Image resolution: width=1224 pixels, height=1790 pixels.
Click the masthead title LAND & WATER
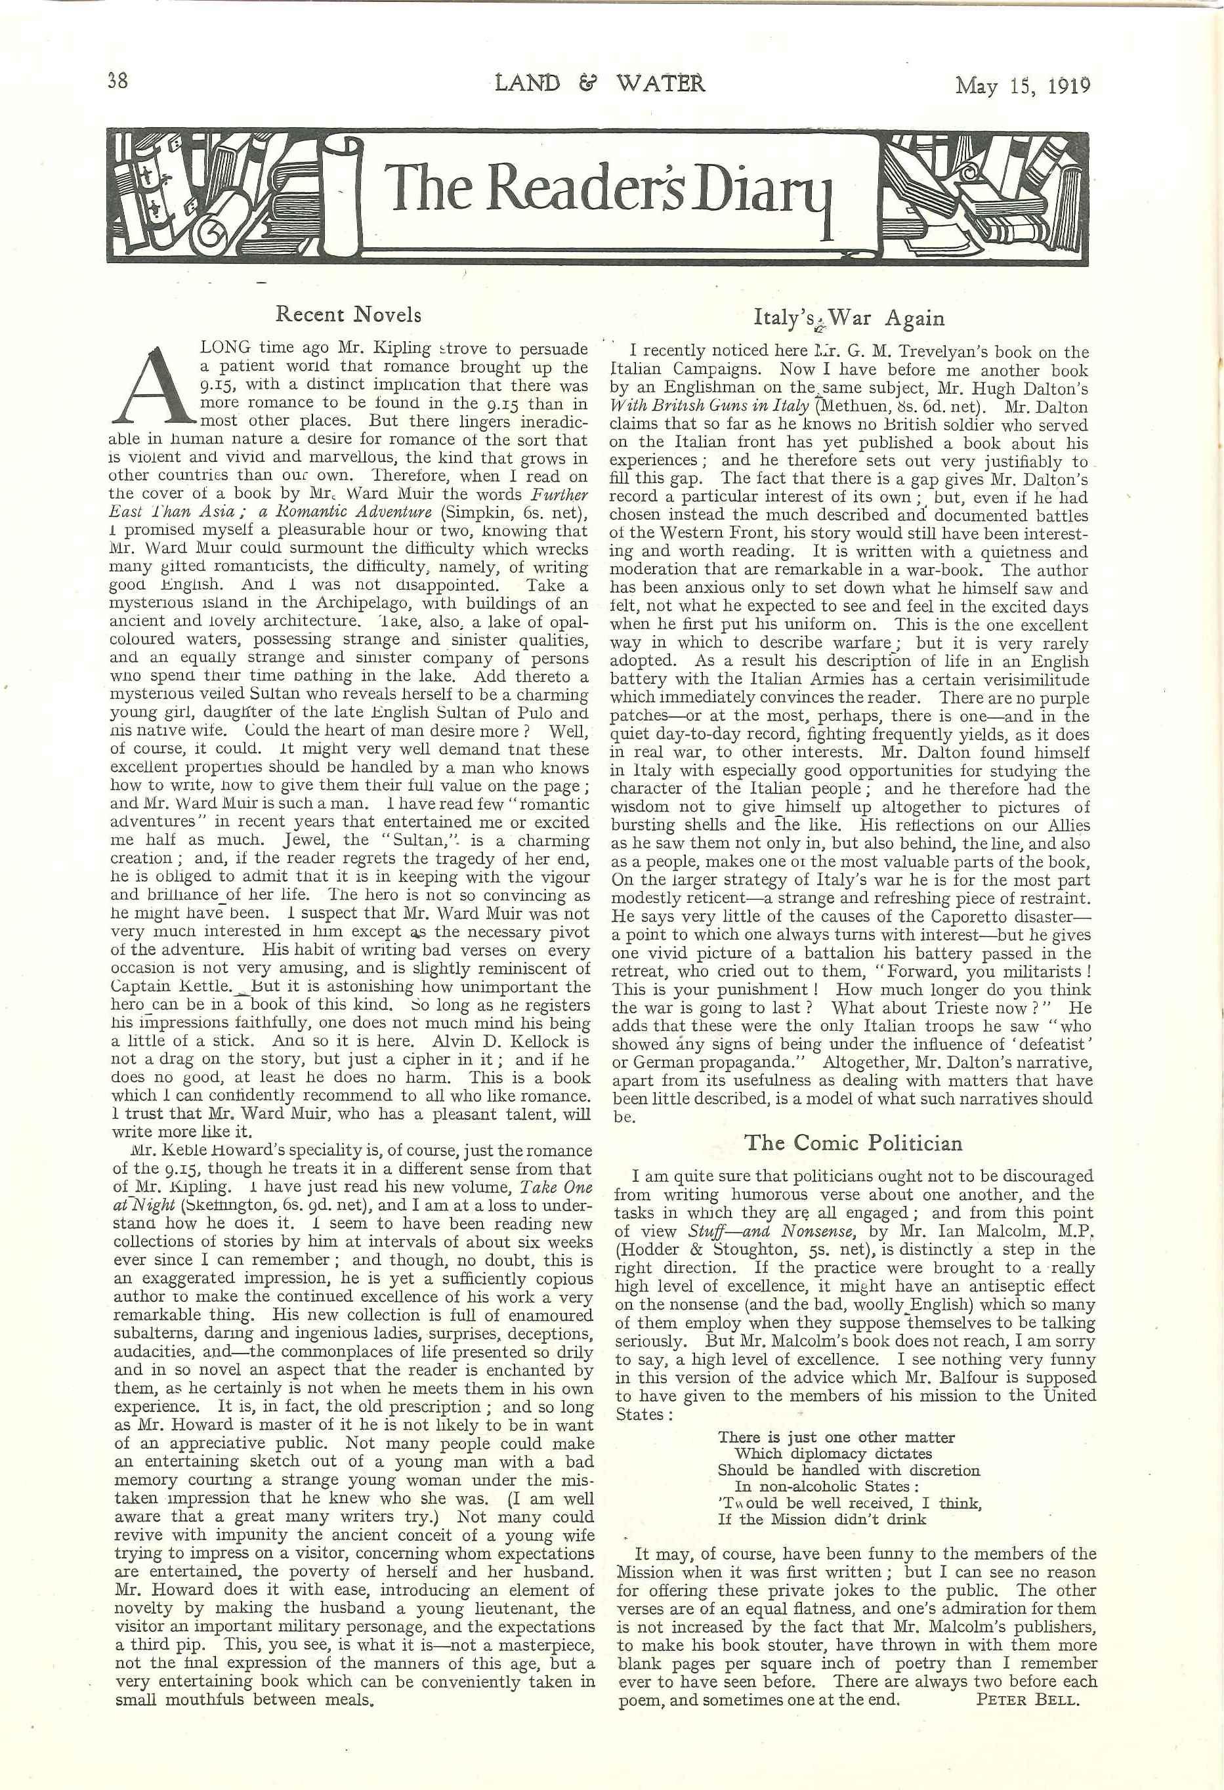[600, 83]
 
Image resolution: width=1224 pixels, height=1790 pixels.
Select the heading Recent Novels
[348, 314]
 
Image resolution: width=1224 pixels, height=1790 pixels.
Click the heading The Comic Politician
[853, 1142]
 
